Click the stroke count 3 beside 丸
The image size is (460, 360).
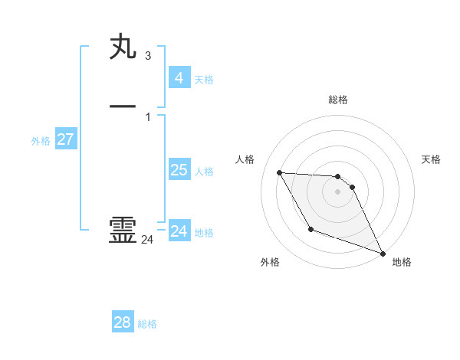coord(148,56)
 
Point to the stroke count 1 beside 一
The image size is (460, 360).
coord(148,116)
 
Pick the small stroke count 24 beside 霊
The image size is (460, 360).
coord(147,240)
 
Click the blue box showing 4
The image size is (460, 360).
coord(179,77)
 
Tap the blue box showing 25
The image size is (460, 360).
coord(179,169)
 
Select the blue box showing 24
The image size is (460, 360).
coord(179,231)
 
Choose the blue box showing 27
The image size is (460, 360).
coord(65,139)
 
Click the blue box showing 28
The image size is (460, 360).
coord(123,322)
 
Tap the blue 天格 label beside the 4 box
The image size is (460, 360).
coord(204,80)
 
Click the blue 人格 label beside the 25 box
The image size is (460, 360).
coord(204,172)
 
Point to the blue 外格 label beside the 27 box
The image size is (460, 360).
coord(41,141)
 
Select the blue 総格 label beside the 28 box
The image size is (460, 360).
coord(147,325)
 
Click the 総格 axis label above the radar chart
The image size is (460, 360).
coord(338,100)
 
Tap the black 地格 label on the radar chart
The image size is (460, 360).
coord(402,262)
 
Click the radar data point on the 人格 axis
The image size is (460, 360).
coord(279,172)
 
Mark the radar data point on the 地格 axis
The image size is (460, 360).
coord(383,253)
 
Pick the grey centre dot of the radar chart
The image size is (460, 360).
coord(338,191)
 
